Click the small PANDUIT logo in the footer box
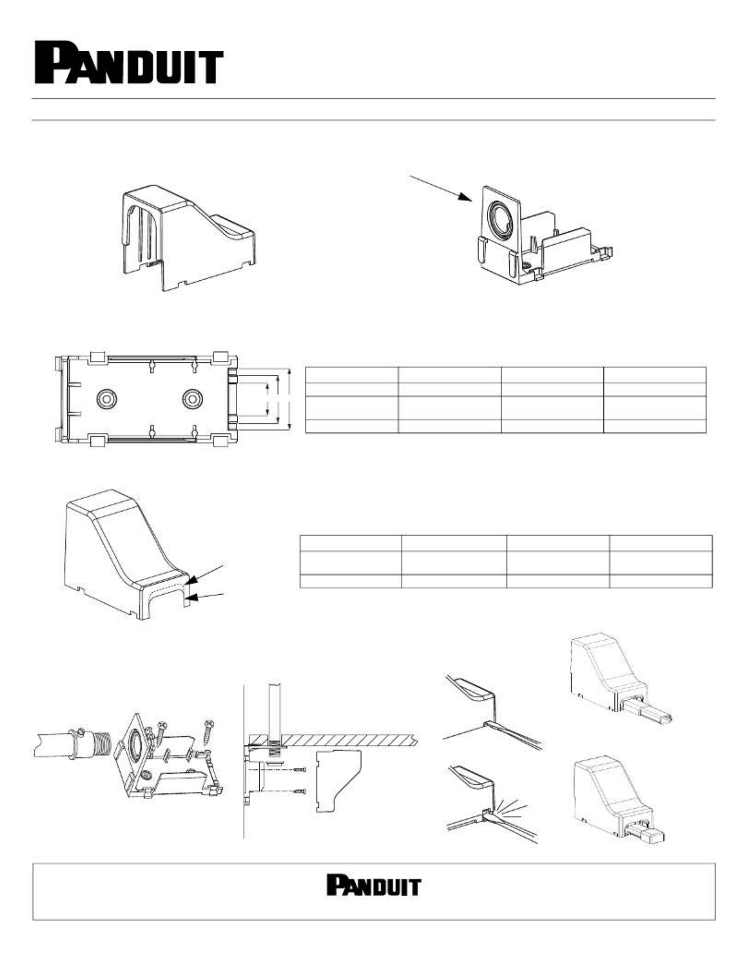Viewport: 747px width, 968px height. click(x=374, y=885)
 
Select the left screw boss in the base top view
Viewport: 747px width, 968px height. click(x=107, y=399)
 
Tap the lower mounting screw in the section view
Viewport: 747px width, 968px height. click(x=300, y=791)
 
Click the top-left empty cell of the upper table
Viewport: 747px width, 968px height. click(x=352, y=375)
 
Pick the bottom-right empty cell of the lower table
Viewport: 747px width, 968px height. click(x=661, y=581)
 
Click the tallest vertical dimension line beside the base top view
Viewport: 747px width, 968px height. click(x=289, y=399)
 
